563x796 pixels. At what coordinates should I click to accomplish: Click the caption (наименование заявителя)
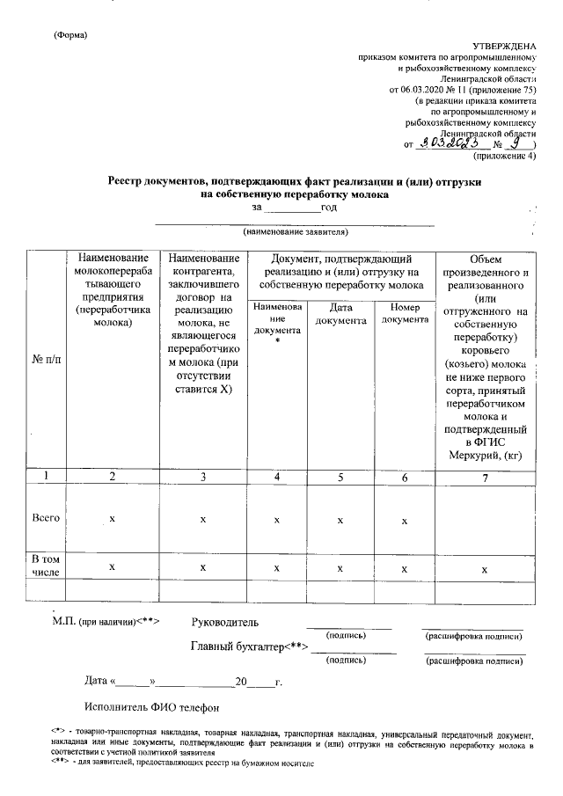click(296, 232)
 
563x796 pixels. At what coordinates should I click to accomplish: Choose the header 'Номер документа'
click(404, 314)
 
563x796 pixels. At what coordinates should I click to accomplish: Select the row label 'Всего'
click(45, 519)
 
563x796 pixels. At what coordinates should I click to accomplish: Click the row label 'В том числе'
click(45, 566)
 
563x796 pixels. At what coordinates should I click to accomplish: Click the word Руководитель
click(225, 623)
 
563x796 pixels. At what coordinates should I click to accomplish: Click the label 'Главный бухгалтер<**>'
click(251, 647)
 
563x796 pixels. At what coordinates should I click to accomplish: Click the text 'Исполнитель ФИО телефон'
click(150, 707)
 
